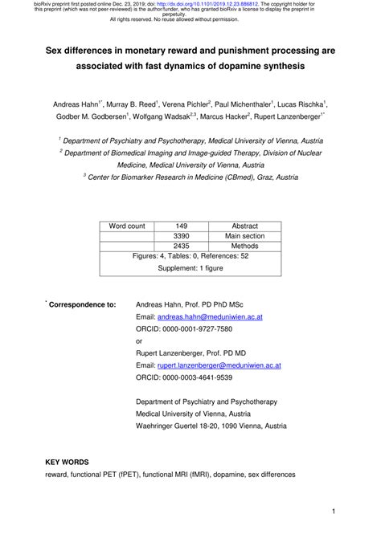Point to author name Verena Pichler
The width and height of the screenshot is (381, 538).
click(x=186, y=104)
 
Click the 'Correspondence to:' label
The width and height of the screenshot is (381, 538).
click(x=83, y=305)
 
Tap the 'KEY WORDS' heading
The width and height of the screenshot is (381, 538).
click(x=67, y=463)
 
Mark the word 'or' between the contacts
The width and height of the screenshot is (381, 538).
click(x=140, y=340)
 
